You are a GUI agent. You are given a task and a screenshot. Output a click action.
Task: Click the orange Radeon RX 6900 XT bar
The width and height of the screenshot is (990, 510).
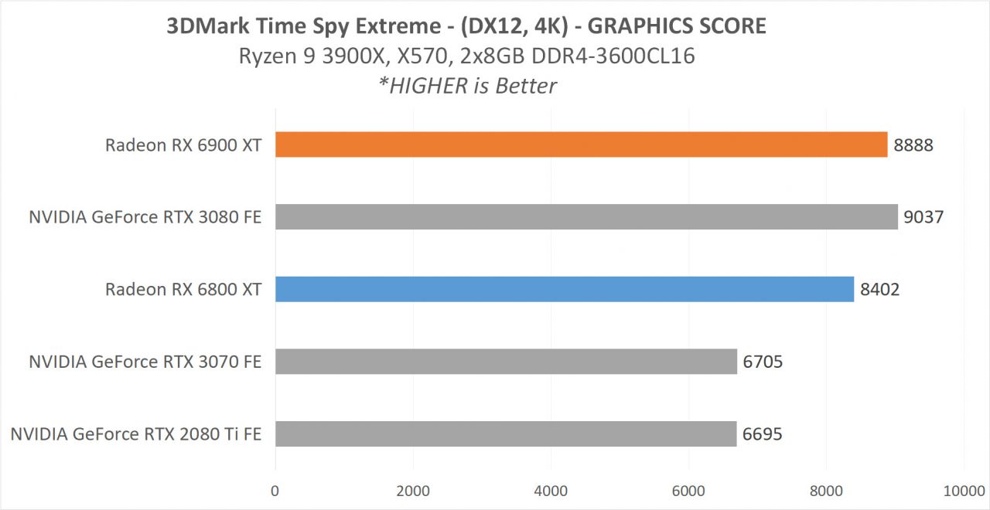pyautogui.click(x=581, y=144)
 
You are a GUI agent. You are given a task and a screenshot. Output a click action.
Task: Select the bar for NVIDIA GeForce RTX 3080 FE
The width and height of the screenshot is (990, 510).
pyautogui.click(x=586, y=217)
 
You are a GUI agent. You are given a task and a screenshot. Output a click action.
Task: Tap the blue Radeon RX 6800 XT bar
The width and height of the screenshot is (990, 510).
pyautogui.click(x=565, y=289)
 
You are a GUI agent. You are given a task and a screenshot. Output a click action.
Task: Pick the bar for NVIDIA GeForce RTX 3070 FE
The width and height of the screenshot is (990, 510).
pyautogui.click(x=506, y=362)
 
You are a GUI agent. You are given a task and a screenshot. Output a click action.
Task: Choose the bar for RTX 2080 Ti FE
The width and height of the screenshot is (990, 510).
pyautogui.click(x=506, y=433)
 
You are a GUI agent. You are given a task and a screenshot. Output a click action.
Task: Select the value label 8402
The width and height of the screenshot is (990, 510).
pyautogui.click(x=880, y=290)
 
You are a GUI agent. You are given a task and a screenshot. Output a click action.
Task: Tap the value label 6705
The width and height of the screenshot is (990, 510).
pyautogui.click(x=763, y=362)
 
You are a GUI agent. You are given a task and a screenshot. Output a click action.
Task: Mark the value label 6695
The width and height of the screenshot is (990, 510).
pyautogui.click(x=763, y=434)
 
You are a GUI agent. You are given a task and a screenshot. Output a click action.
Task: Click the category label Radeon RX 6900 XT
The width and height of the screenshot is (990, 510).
pyautogui.click(x=183, y=145)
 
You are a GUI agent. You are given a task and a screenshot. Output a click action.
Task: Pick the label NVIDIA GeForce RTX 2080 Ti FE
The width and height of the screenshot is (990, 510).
pyautogui.click(x=135, y=434)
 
